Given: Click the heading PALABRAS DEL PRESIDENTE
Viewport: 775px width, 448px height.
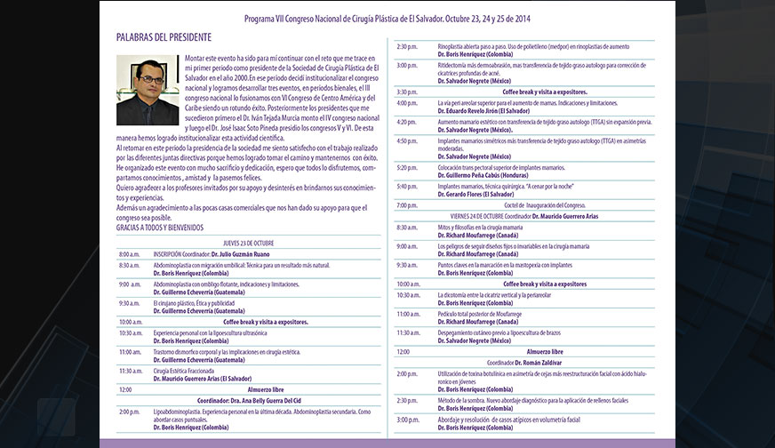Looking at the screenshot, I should coord(164,37).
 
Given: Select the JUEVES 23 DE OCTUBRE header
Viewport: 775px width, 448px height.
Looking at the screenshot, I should coord(248,243).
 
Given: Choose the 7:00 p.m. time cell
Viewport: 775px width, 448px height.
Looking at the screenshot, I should coord(407,204).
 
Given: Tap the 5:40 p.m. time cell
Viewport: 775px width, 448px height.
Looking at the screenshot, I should coord(407,186).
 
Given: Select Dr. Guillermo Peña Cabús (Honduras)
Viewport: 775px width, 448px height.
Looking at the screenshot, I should coord(485,174).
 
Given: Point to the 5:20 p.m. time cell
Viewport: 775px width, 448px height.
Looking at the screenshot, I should coord(407,167).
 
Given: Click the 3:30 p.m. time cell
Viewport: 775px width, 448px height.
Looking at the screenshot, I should coord(407,92).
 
